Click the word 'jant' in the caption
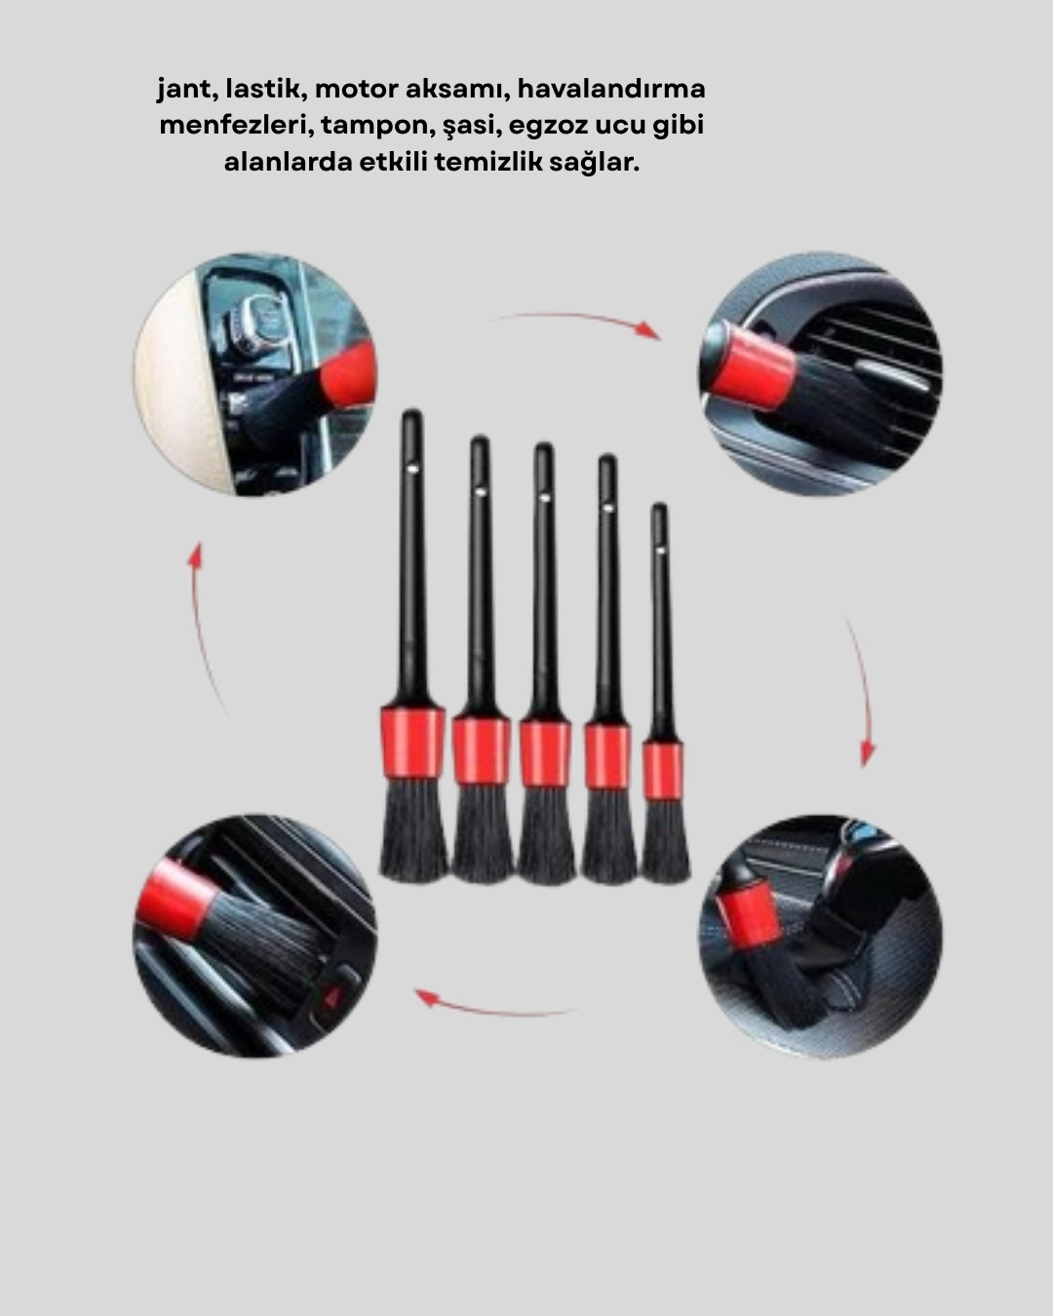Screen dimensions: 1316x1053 [x=182, y=90]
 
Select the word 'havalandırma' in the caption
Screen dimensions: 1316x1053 [x=611, y=90]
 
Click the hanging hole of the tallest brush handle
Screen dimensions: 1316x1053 [x=413, y=467]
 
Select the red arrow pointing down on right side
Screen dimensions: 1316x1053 [x=860, y=692]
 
